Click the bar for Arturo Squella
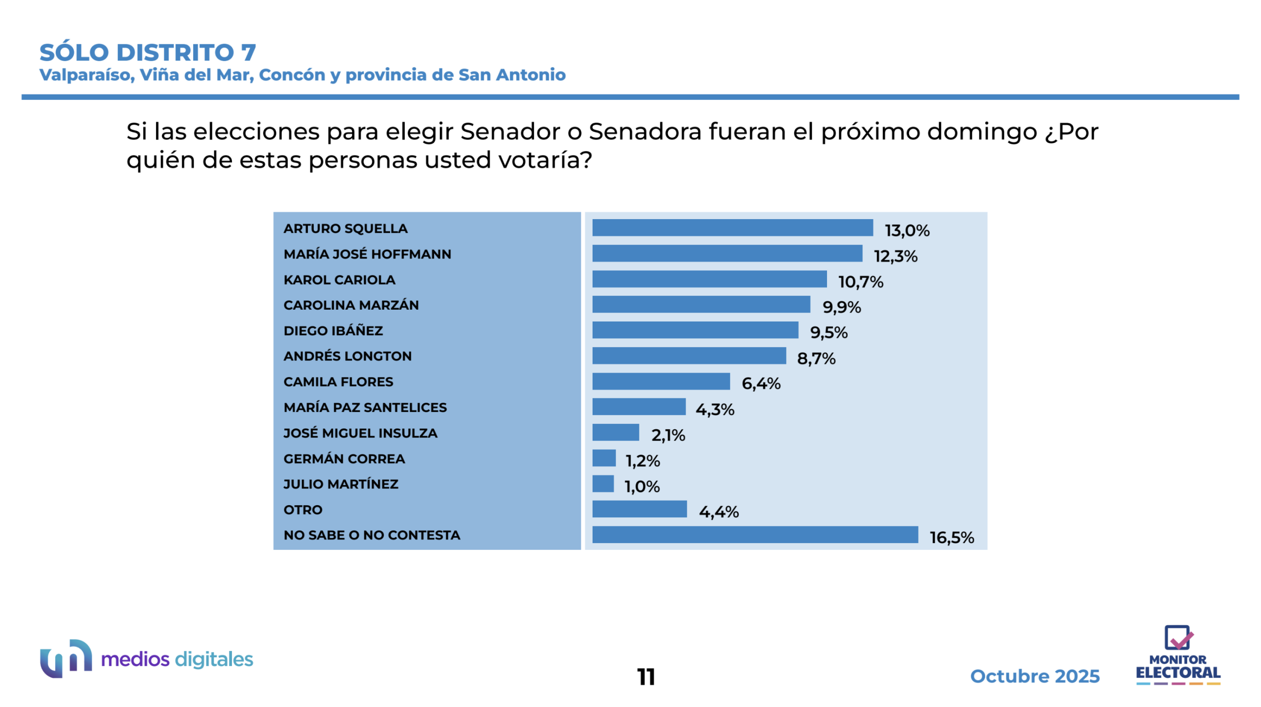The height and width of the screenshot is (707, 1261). coord(732,227)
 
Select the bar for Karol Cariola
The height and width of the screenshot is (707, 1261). coord(709,279)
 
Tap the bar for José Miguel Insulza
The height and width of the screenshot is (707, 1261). coord(615,432)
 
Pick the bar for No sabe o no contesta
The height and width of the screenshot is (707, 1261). coord(755,534)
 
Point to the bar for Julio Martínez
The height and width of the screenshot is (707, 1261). coord(603,483)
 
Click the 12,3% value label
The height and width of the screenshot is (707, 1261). coord(895,256)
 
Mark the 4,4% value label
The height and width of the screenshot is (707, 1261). coord(718,512)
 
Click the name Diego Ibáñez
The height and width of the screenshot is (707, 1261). coord(333,330)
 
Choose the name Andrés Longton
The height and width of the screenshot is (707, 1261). coord(347,356)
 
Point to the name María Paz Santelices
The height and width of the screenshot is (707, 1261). coord(365,407)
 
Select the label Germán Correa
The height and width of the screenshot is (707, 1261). coord(344,458)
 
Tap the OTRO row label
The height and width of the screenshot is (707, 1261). coord(303,510)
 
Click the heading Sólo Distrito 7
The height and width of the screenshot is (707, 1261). coord(148,53)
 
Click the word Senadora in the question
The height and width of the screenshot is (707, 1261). coord(645,131)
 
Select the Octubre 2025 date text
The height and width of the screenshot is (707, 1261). coord(1034,676)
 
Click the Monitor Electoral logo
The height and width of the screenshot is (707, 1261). coord(1177,655)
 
